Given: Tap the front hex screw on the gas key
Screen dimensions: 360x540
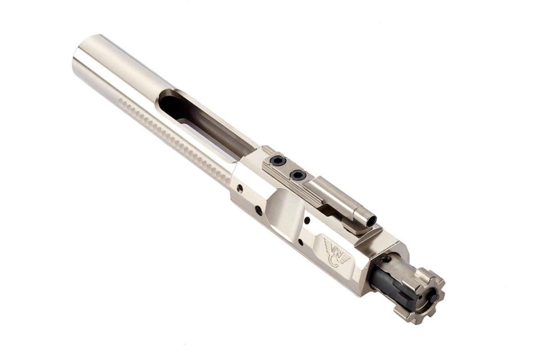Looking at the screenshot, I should coord(297,175).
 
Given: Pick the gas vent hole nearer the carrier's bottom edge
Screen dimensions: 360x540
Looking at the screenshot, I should coord(300,242).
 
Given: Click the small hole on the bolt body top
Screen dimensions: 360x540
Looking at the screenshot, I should coord(386,259).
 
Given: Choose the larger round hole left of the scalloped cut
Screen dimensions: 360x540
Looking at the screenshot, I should coord(258,210).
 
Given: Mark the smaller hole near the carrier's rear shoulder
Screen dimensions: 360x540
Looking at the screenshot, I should coord(239,188).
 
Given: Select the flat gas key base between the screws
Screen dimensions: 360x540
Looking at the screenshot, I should coord(288,168).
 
